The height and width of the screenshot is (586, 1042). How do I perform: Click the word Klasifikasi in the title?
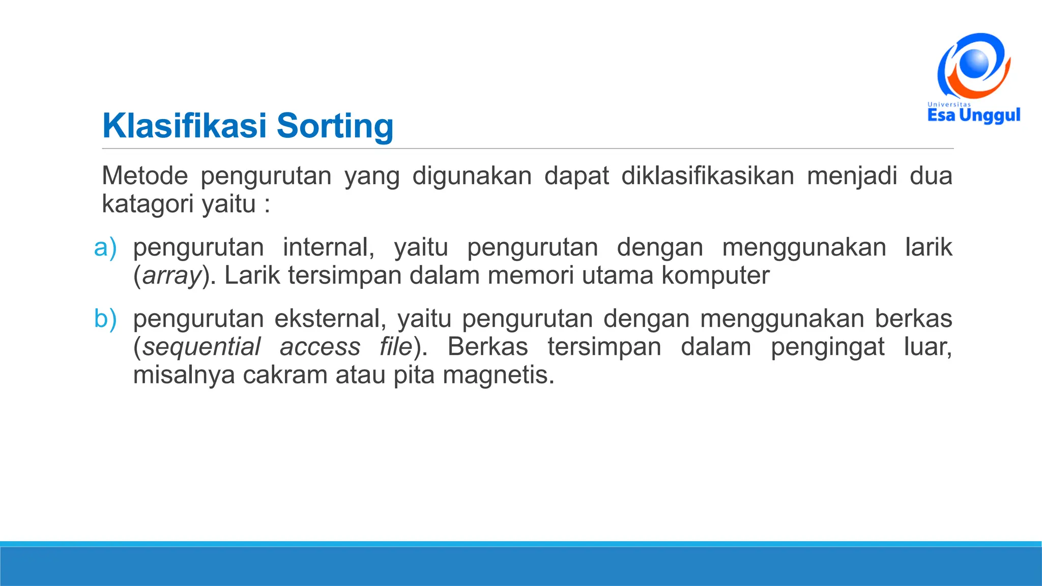click(184, 126)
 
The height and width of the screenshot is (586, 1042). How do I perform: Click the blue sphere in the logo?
click(973, 64)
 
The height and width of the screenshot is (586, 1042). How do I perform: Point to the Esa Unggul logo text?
click(974, 115)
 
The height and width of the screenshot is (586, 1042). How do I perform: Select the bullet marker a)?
click(105, 247)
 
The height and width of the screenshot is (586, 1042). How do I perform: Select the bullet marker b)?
click(105, 319)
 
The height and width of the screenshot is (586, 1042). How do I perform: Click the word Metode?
click(145, 176)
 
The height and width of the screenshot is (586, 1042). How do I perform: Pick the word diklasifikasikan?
click(708, 176)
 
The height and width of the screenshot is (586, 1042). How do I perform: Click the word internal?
click(328, 247)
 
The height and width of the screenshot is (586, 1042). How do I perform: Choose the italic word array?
click(172, 276)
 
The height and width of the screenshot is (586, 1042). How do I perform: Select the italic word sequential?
click(201, 347)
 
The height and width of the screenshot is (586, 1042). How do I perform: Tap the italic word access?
click(320, 347)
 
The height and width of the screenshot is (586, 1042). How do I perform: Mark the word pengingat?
click(827, 347)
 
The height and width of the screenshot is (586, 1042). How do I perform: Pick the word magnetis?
click(498, 375)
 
